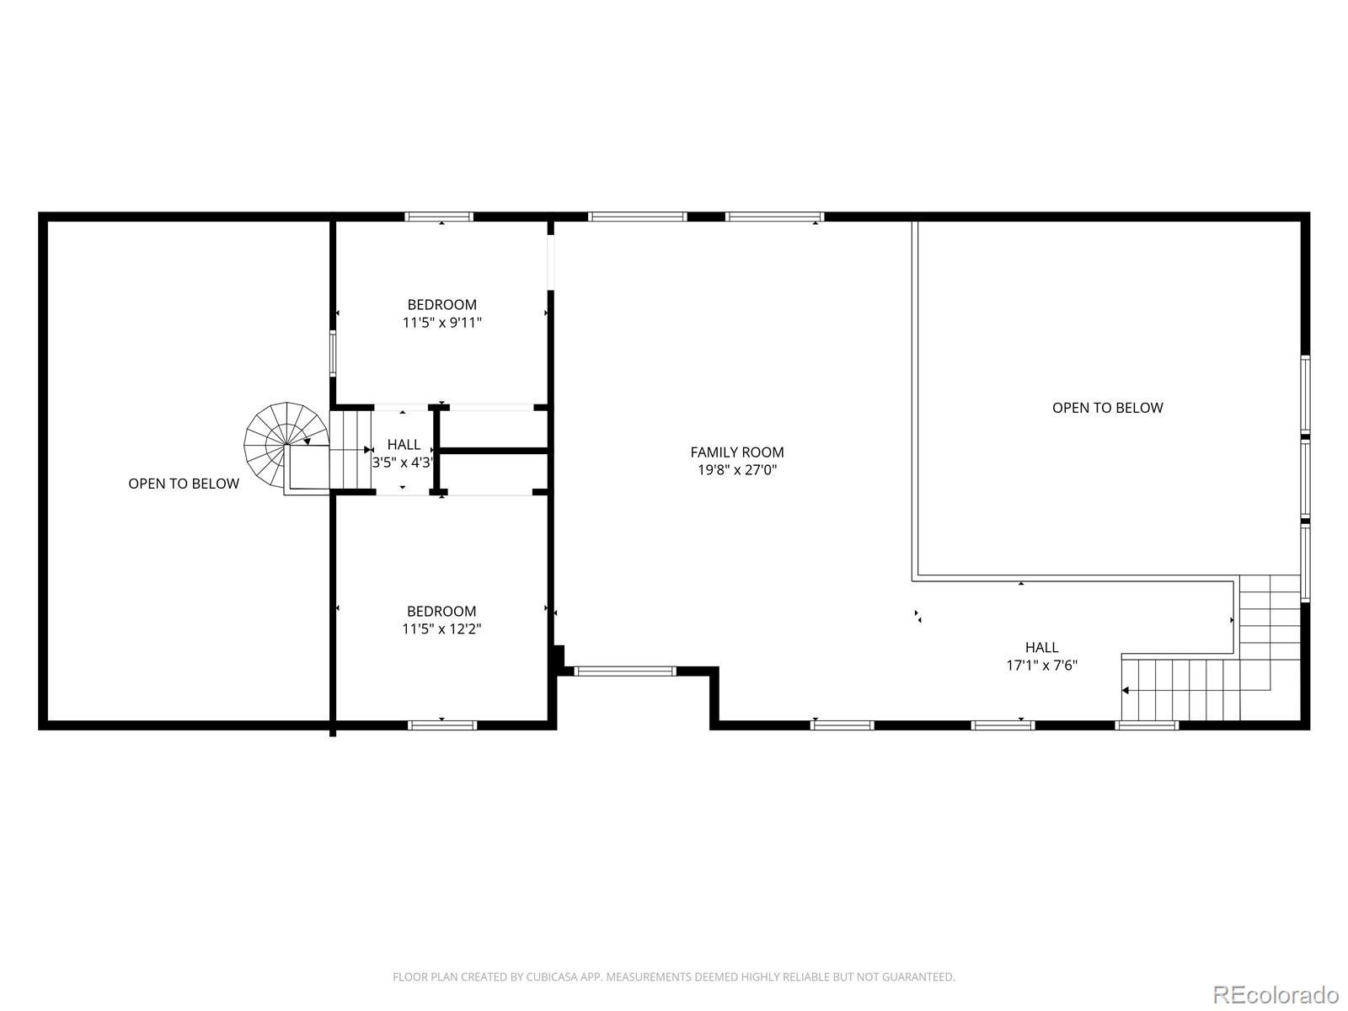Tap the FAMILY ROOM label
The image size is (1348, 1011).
pyautogui.click(x=737, y=452)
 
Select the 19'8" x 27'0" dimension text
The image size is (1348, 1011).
pyautogui.click(x=737, y=470)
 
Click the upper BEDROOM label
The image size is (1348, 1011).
pyautogui.click(x=441, y=305)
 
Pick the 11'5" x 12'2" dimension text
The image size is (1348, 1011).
pyautogui.click(x=441, y=629)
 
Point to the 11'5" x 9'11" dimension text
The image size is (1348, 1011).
pyautogui.click(x=441, y=322)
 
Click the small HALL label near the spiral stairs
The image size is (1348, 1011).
pyautogui.click(x=404, y=445)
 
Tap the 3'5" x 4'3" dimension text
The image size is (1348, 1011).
pyautogui.click(x=403, y=463)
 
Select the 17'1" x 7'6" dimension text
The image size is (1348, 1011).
pyautogui.click(x=1042, y=665)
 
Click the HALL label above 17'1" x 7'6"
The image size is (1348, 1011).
pyautogui.click(x=1042, y=648)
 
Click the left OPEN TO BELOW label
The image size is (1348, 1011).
pyautogui.click(x=184, y=484)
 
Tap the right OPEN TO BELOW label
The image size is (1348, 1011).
pyautogui.click(x=1107, y=408)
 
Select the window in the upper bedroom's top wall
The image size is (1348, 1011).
pyautogui.click(x=439, y=217)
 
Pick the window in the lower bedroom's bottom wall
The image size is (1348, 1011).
pyautogui.click(x=442, y=725)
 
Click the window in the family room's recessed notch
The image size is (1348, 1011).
pyautogui.click(x=625, y=671)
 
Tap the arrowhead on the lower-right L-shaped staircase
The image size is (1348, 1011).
pyautogui.click(x=1126, y=691)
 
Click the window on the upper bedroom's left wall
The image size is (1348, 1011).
pyautogui.click(x=333, y=354)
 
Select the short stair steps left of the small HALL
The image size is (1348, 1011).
pyautogui.click(x=350, y=450)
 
